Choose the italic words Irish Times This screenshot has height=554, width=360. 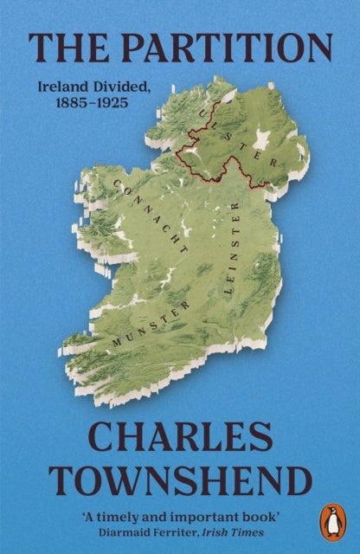228,531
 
